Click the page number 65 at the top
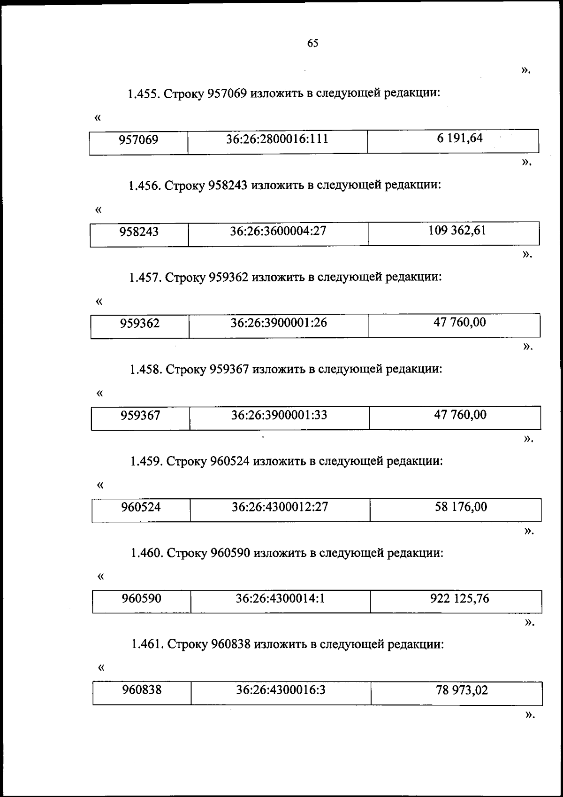(x=312, y=43)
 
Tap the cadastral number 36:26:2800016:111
(x=277, y=139)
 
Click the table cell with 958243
(x=139, y=232)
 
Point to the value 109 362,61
(x=457, y=231)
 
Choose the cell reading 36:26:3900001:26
(x=279, y=323)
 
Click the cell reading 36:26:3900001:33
(x=279, y=415)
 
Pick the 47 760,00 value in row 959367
(x=460, y=415)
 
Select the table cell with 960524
(x=141, y=507)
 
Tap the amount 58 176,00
(x=461, y=507)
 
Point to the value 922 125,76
(x=459, y=598)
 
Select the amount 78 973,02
(x=462, y=690)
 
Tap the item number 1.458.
(x=146, y=370)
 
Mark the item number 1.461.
(x=147, y=645)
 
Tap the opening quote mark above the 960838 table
(x=100, y=667)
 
